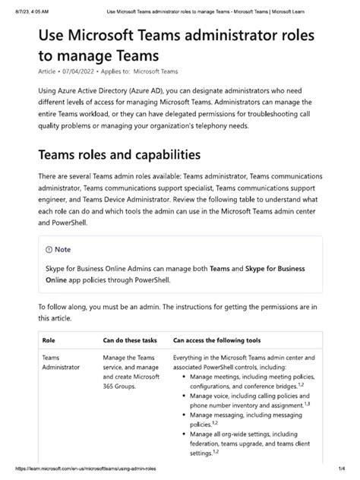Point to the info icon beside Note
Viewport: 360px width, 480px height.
click(49, 248)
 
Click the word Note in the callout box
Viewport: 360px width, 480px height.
click(63, 248)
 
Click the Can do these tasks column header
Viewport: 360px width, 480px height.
click(130, 341)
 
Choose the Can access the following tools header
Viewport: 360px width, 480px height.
click(217, 341)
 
